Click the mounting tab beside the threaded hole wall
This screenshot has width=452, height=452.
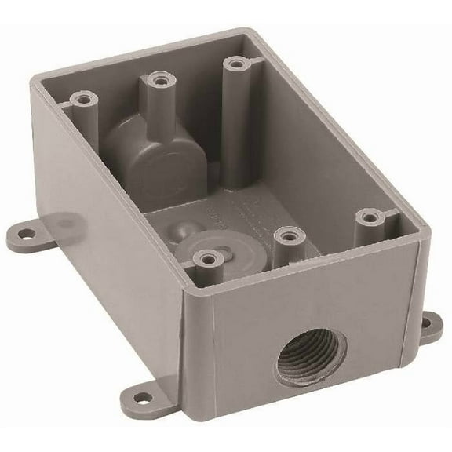tap(430, 325)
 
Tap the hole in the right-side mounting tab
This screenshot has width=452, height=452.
tap(430, 322)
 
